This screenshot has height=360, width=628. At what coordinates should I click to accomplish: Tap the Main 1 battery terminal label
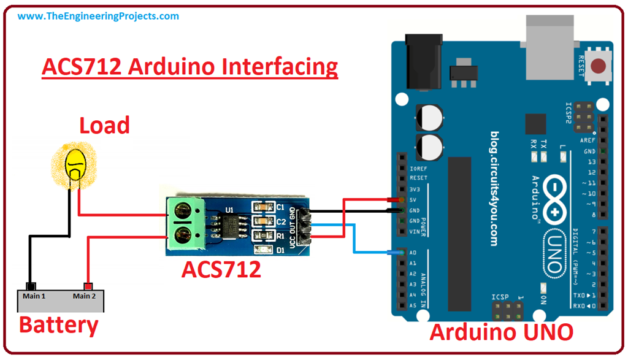pyautogui.click(x=34, y=296)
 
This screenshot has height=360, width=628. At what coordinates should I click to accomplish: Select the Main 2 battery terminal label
pyautogui.click(x=84, y=296)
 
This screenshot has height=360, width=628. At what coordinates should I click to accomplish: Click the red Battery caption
pyautogui.click(x=58, y=324)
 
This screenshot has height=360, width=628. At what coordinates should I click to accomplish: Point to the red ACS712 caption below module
pyautogui.click(x=221, y=268)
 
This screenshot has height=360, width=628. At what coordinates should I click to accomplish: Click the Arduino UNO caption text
pyautogui.click(x=501, y=332)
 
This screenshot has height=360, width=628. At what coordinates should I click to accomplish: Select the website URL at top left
pyautogui.click(x=98, y=16)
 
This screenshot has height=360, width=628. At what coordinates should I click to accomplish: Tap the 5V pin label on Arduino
pyautogui.click(x=413, y=200)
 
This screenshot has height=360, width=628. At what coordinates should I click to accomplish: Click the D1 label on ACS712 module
pyautogui.click(x=281, y=250)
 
